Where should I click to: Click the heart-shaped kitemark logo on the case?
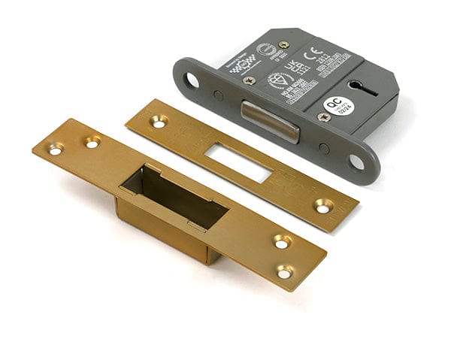click(277, 80)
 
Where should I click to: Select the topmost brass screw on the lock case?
click(284, 44)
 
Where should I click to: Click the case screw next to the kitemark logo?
click(250, 80)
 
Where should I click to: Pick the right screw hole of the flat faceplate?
click(324, 204)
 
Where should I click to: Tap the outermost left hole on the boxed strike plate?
click(56, 149)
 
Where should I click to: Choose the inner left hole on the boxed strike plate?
click(92, 141)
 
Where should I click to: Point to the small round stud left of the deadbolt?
click(218, 95)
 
